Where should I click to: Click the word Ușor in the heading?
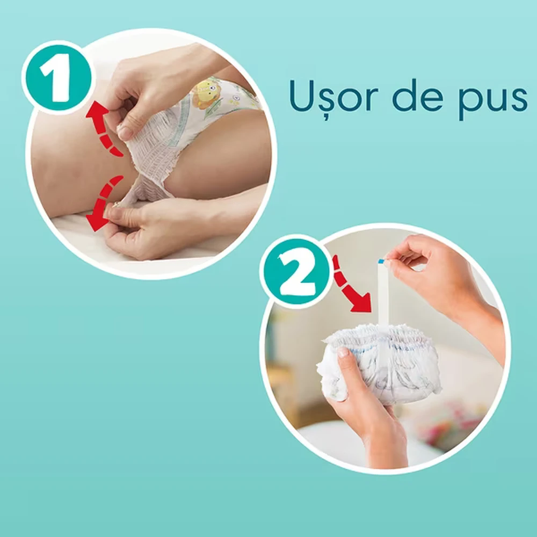(x=333, y=98)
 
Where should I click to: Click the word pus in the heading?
(x=493, y=100)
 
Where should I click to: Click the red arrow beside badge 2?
(x=350, y=286)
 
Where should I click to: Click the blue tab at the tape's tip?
(x=381, y=262)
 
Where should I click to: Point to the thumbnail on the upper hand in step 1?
(x=125, y=133)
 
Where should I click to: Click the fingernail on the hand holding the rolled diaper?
(x=343, y=352)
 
